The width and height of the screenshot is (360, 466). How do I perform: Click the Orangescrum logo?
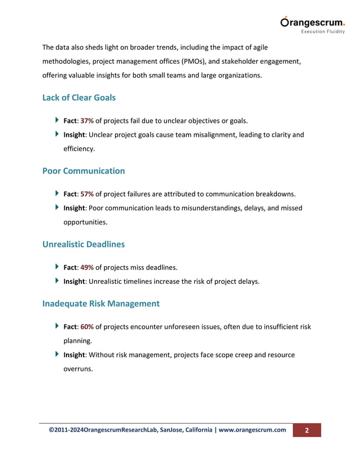(x=312, y=23)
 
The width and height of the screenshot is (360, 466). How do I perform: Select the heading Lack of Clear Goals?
(x=79, y=98)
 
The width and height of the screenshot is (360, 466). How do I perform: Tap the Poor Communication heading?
(x=84, y=170)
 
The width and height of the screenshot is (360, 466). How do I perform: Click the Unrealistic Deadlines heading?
(x=84, y=244)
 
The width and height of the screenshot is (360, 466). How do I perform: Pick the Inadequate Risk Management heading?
(x=101, y=304)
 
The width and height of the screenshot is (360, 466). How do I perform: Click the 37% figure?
(x=87, y=120)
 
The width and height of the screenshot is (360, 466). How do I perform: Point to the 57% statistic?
(x=87, y=194)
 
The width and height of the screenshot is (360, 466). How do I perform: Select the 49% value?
(x=87, y=267)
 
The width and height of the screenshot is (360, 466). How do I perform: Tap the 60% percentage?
(x=87, y=327)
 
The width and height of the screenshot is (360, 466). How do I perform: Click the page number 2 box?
(x=306, y=430)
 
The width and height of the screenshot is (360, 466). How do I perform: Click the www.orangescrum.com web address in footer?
(x=252, y=430)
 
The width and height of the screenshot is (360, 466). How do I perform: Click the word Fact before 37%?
(x=70, y=120)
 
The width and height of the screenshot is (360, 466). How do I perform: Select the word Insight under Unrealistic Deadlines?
(x=74, y=282)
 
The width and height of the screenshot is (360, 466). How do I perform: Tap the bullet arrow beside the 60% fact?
(x=58, y=326)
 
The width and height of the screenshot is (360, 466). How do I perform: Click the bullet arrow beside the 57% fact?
(x=58, y=194)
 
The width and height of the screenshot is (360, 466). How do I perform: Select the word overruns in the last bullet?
(x=78, y=370)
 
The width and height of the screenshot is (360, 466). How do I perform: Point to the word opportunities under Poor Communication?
(x=85, y=222)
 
